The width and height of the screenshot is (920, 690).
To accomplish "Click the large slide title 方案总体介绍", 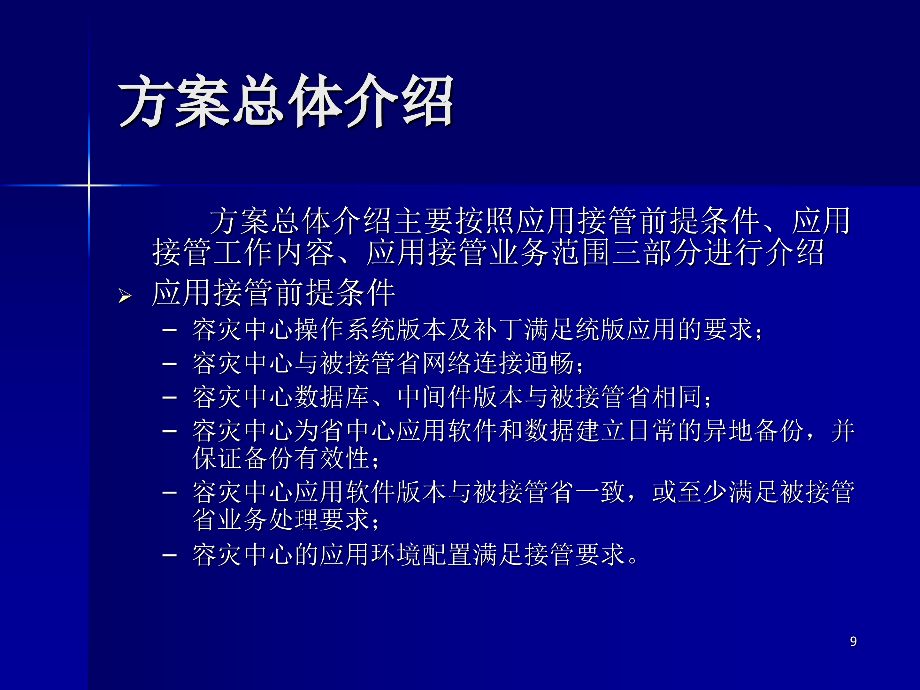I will tap(285, 101).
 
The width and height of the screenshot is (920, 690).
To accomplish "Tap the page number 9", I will tap(853, 641).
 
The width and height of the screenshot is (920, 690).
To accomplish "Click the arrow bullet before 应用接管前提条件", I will tap(124, 296).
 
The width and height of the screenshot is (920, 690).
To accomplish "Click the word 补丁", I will tap(498, 330).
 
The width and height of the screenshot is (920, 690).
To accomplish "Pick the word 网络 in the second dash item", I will tap(447, 363).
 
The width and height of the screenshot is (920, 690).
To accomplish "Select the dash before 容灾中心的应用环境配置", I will tap(169, 555).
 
